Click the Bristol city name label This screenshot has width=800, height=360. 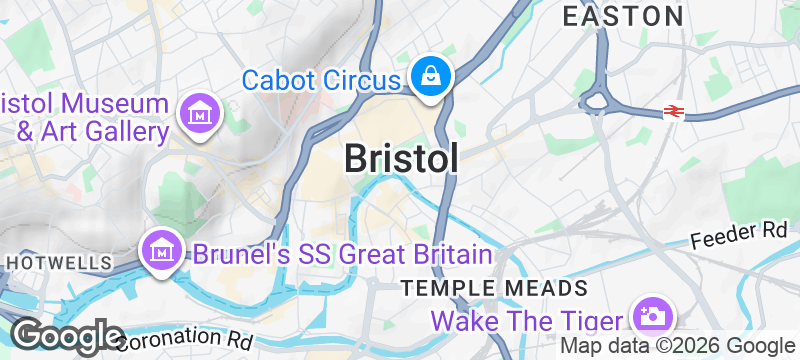point(402,158)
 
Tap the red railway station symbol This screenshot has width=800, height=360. point(672,113)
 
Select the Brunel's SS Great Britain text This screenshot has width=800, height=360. point(342,254)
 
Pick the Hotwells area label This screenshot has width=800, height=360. point(58,262)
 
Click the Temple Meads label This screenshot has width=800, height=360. point(494,289)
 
